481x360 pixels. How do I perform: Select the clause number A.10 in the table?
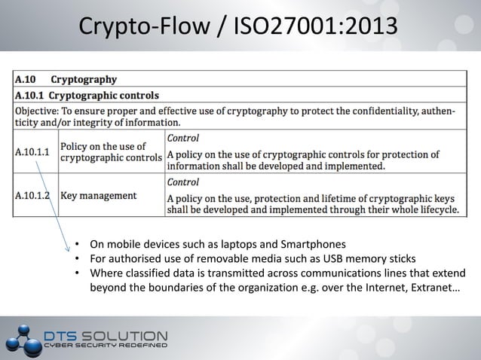(x=27, y=79)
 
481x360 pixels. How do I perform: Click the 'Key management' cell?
(x=98, y=195)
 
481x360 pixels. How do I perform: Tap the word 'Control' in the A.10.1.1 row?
(x=182, y=138)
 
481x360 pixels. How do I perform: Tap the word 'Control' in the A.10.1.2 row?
(x=182, y=182)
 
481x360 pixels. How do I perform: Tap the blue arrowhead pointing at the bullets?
(x=69, y=249)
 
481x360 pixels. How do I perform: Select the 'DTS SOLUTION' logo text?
(x=106, y=334)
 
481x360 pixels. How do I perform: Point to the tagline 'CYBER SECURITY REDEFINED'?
(x=105, y=346)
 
